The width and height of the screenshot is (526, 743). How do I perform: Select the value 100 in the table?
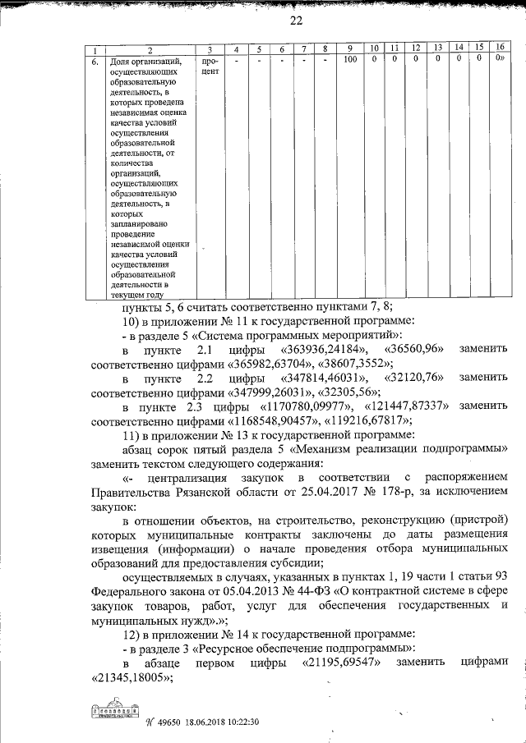(349, 60)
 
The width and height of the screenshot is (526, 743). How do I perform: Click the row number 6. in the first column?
(95, 61)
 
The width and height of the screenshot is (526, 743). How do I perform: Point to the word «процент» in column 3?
(209, 66)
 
